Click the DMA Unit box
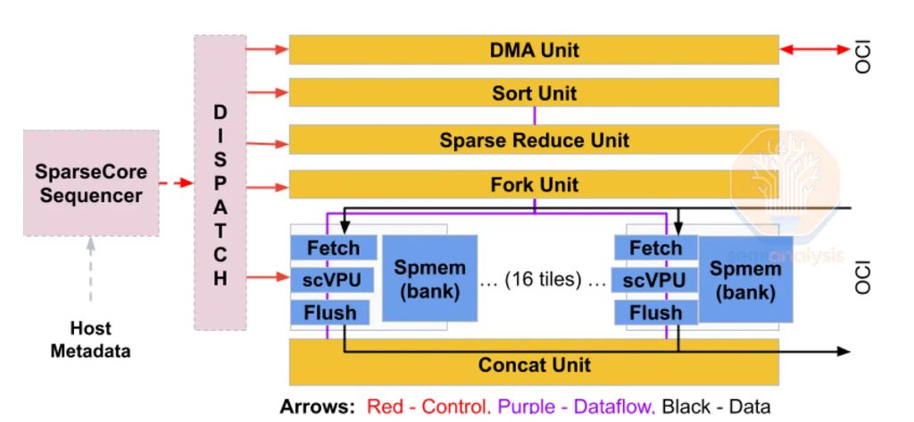(534, 50)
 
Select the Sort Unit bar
(534, 93)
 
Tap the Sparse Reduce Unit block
(534, 139)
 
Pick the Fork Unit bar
(534, 185)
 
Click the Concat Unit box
(534, 366)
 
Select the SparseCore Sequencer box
(91, 183)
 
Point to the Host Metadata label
(90, 340)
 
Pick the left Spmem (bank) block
(429, 279)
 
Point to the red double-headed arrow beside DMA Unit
(814, 50)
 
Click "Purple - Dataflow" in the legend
(576, 407)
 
